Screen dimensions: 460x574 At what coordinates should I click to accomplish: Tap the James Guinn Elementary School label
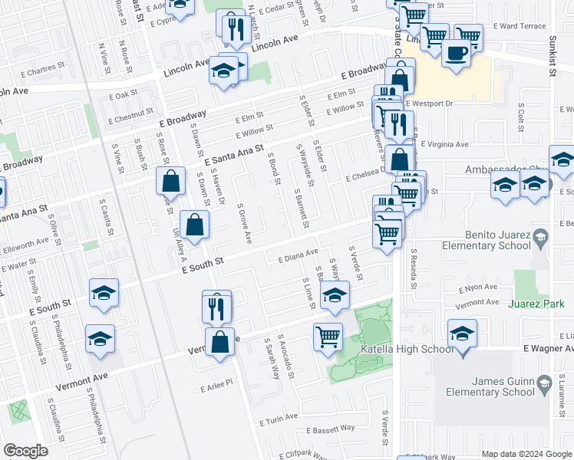(491, 386)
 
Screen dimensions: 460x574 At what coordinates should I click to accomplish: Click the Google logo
(25, 451)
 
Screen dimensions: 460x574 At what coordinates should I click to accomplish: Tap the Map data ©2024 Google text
(526, 454)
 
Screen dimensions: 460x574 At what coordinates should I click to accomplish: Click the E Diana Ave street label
(298, 255)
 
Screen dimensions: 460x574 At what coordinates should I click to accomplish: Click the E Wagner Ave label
(549, 347)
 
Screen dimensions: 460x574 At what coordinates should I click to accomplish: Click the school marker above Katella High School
(462, 335)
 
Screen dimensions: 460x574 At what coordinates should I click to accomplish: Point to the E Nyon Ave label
(479, 289)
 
